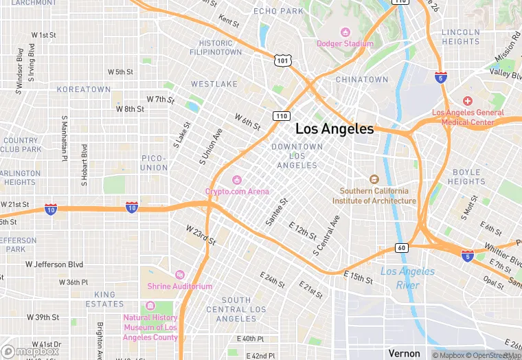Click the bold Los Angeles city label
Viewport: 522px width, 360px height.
(334, 128)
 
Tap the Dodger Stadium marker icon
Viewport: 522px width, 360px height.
(345, 32)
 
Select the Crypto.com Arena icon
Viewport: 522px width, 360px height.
(237, 179)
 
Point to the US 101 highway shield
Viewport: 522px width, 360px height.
(282, 60)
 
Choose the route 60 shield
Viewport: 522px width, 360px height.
(402, 247)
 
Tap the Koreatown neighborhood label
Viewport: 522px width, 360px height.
(83, 89)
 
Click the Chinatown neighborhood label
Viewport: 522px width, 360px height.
(362, 80)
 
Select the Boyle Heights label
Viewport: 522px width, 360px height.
(466, 177)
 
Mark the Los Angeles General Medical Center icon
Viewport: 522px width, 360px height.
(468, 100)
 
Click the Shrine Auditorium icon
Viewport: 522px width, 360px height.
(180, 274)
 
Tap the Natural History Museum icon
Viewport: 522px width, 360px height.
(150, 306)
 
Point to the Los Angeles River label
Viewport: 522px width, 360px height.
(408, 278)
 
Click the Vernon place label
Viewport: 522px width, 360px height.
(404, 353)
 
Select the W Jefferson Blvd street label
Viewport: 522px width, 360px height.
(54, 264)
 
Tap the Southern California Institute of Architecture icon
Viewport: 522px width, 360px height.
(374, 179)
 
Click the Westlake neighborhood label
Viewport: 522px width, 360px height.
(214, 84)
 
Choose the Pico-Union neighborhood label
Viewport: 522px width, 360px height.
(154, 163)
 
